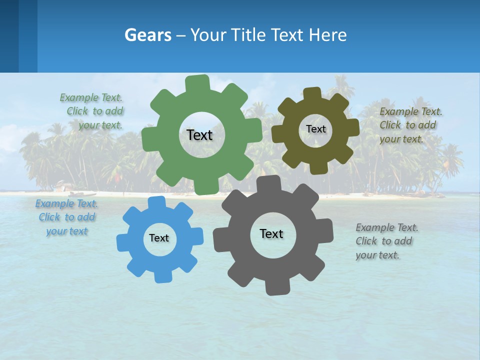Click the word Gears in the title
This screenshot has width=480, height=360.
147,35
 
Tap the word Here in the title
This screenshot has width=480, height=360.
328,35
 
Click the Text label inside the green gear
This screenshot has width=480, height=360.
199,135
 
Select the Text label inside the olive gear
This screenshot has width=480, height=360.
315,129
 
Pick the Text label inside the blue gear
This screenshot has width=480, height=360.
159,238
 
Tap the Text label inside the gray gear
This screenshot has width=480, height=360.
271,233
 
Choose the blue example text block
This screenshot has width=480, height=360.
67,217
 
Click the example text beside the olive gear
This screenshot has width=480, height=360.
410,125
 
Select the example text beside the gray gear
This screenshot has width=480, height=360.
386,241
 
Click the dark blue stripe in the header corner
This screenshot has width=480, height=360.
9,36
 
